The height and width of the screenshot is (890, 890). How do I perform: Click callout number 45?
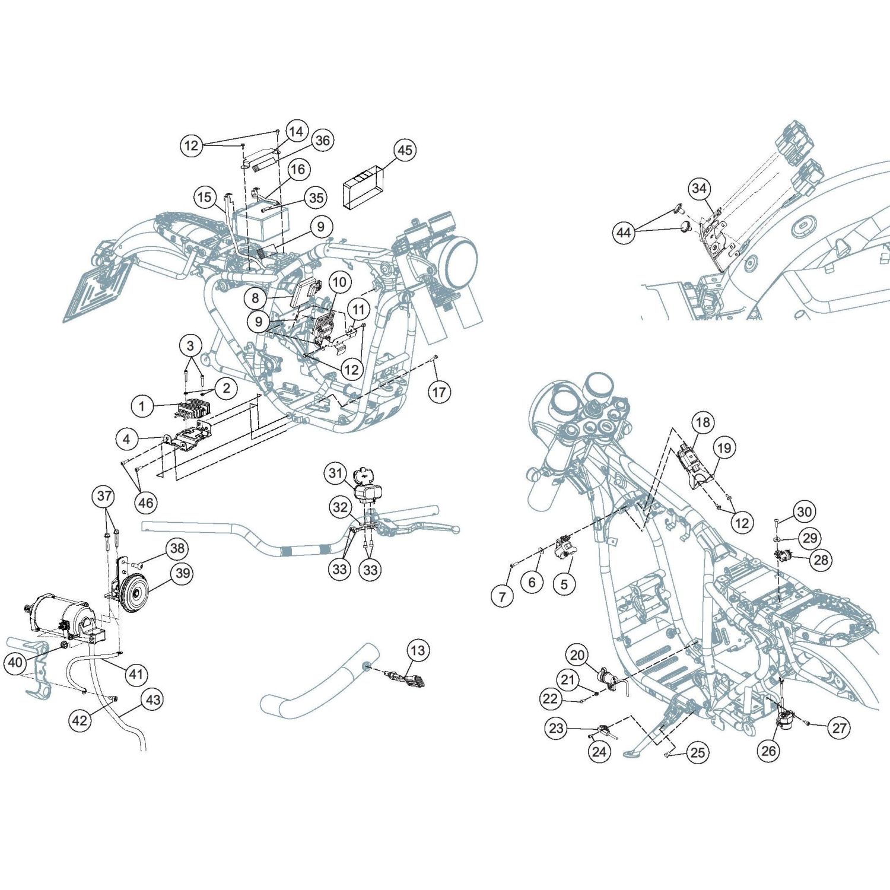click(405, 150)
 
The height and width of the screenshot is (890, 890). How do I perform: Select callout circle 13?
click(418, 650)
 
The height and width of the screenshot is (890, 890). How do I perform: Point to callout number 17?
click(439, 392)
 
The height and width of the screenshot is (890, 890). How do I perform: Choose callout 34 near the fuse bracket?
click(700, 188)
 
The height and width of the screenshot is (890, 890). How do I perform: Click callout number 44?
click(624, 232)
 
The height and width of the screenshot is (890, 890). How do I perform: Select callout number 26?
click(768, 751)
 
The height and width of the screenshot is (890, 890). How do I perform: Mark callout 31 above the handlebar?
click(336, 473)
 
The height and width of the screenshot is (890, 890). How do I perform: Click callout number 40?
click(16, 662)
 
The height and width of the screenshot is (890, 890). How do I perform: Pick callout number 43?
click(153, 700)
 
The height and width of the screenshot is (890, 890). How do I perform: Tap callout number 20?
click(577, 655)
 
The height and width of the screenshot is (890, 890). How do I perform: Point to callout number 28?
click(821, 560)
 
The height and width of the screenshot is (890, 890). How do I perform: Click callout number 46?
click(146, 503)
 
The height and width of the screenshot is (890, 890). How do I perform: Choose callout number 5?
click(564, 584)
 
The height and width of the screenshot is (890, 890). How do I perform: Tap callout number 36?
click(322, 141)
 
